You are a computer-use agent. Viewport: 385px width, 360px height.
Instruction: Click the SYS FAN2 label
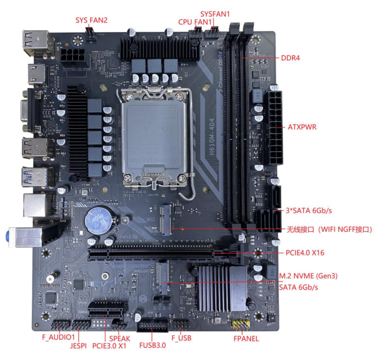[x=91, y=20]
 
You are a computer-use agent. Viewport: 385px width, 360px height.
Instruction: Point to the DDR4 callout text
[x=291, y=58]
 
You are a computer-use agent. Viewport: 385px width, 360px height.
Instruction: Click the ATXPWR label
[x=302, y=127]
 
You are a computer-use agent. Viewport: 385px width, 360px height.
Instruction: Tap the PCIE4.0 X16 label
[x=305, y=252]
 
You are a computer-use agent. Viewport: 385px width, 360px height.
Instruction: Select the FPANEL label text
[x=246, y=339]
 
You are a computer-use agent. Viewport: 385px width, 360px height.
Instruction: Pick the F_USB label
[x=182, y=337]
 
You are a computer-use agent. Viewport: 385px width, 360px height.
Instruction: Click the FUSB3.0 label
[x=153, y=345]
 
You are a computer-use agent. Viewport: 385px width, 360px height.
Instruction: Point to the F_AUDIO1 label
[x=58, y=337]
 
